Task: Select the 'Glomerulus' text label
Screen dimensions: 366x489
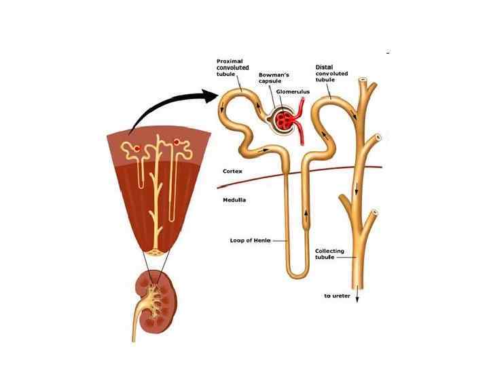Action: [x=292, y=89]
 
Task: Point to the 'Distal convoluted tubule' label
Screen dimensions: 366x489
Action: [x=333, y=73]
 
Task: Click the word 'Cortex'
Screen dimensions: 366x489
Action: [x=233, y=171]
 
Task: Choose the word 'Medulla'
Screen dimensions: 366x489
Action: [x=234, y=200]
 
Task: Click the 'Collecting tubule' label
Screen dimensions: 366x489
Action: [x=329, y=254]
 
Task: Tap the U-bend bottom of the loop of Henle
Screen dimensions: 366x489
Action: [x=297, y=272]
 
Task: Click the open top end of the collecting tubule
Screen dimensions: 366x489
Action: [x=365, y=80]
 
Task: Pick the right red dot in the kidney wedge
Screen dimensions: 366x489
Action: [x=178, y=143]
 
